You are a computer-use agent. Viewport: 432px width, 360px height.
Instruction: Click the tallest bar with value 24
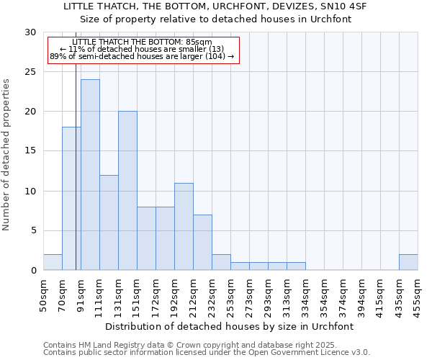(x=90, y=175)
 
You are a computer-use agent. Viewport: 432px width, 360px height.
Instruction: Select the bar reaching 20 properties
(x=127, y=191)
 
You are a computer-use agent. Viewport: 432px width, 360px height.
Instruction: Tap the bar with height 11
(x=184, y=227)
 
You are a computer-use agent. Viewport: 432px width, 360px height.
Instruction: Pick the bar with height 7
(x=202, y=243)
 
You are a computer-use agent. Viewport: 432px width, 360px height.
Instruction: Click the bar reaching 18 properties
(x=71, y=199)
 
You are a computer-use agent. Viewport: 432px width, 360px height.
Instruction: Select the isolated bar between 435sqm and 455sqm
(x=408, y=262)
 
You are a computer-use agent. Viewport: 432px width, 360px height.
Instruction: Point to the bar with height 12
(x=109, y=222)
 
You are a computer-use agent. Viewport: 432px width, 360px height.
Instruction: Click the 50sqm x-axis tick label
(x=44, y=295)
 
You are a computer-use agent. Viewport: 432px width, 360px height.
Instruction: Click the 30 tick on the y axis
(x=30, y=32)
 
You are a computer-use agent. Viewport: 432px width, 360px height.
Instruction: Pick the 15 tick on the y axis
(x=30, y=151)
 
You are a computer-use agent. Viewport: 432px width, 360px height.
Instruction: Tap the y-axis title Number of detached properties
(x=7, y=155)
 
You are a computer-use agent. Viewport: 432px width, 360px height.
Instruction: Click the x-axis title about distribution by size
(x=230, y=326)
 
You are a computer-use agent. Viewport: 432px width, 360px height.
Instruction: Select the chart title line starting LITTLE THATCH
(x=215, y=6)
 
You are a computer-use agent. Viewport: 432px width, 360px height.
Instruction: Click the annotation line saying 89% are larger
(x=142, y=56)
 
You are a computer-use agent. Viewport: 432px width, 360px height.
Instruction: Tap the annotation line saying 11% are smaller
(x=142, y=49)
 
